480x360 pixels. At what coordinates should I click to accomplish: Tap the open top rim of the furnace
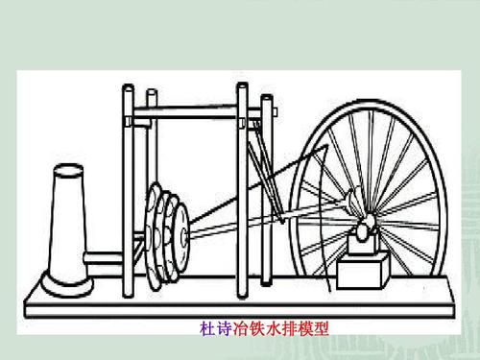(x=68, y=170)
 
